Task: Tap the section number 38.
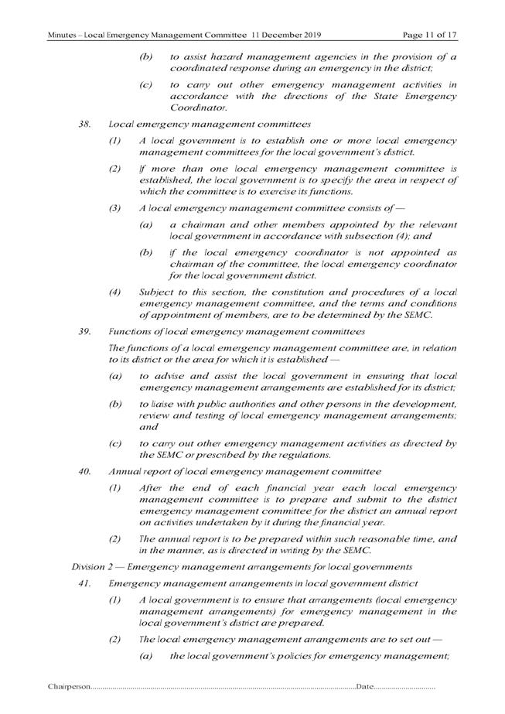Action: coord(85,123)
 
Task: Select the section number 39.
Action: coord(85,331)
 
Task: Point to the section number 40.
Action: coord(85,470)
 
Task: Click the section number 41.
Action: coord(85,582)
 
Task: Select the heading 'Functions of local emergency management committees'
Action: coord(221,331)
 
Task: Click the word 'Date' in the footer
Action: coord(365,687)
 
